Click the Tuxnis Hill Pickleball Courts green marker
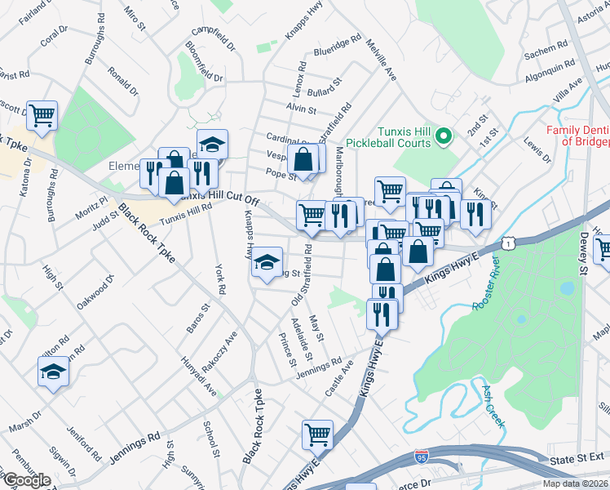[444, 136]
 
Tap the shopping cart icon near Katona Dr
[42, 114]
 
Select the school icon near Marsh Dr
[54, 372]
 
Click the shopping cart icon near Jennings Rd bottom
[317, 434]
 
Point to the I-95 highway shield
[421, 456]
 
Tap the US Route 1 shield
[510, 243]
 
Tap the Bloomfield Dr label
[204, 61]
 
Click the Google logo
[26, 480]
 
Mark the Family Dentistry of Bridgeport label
[577, 135]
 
